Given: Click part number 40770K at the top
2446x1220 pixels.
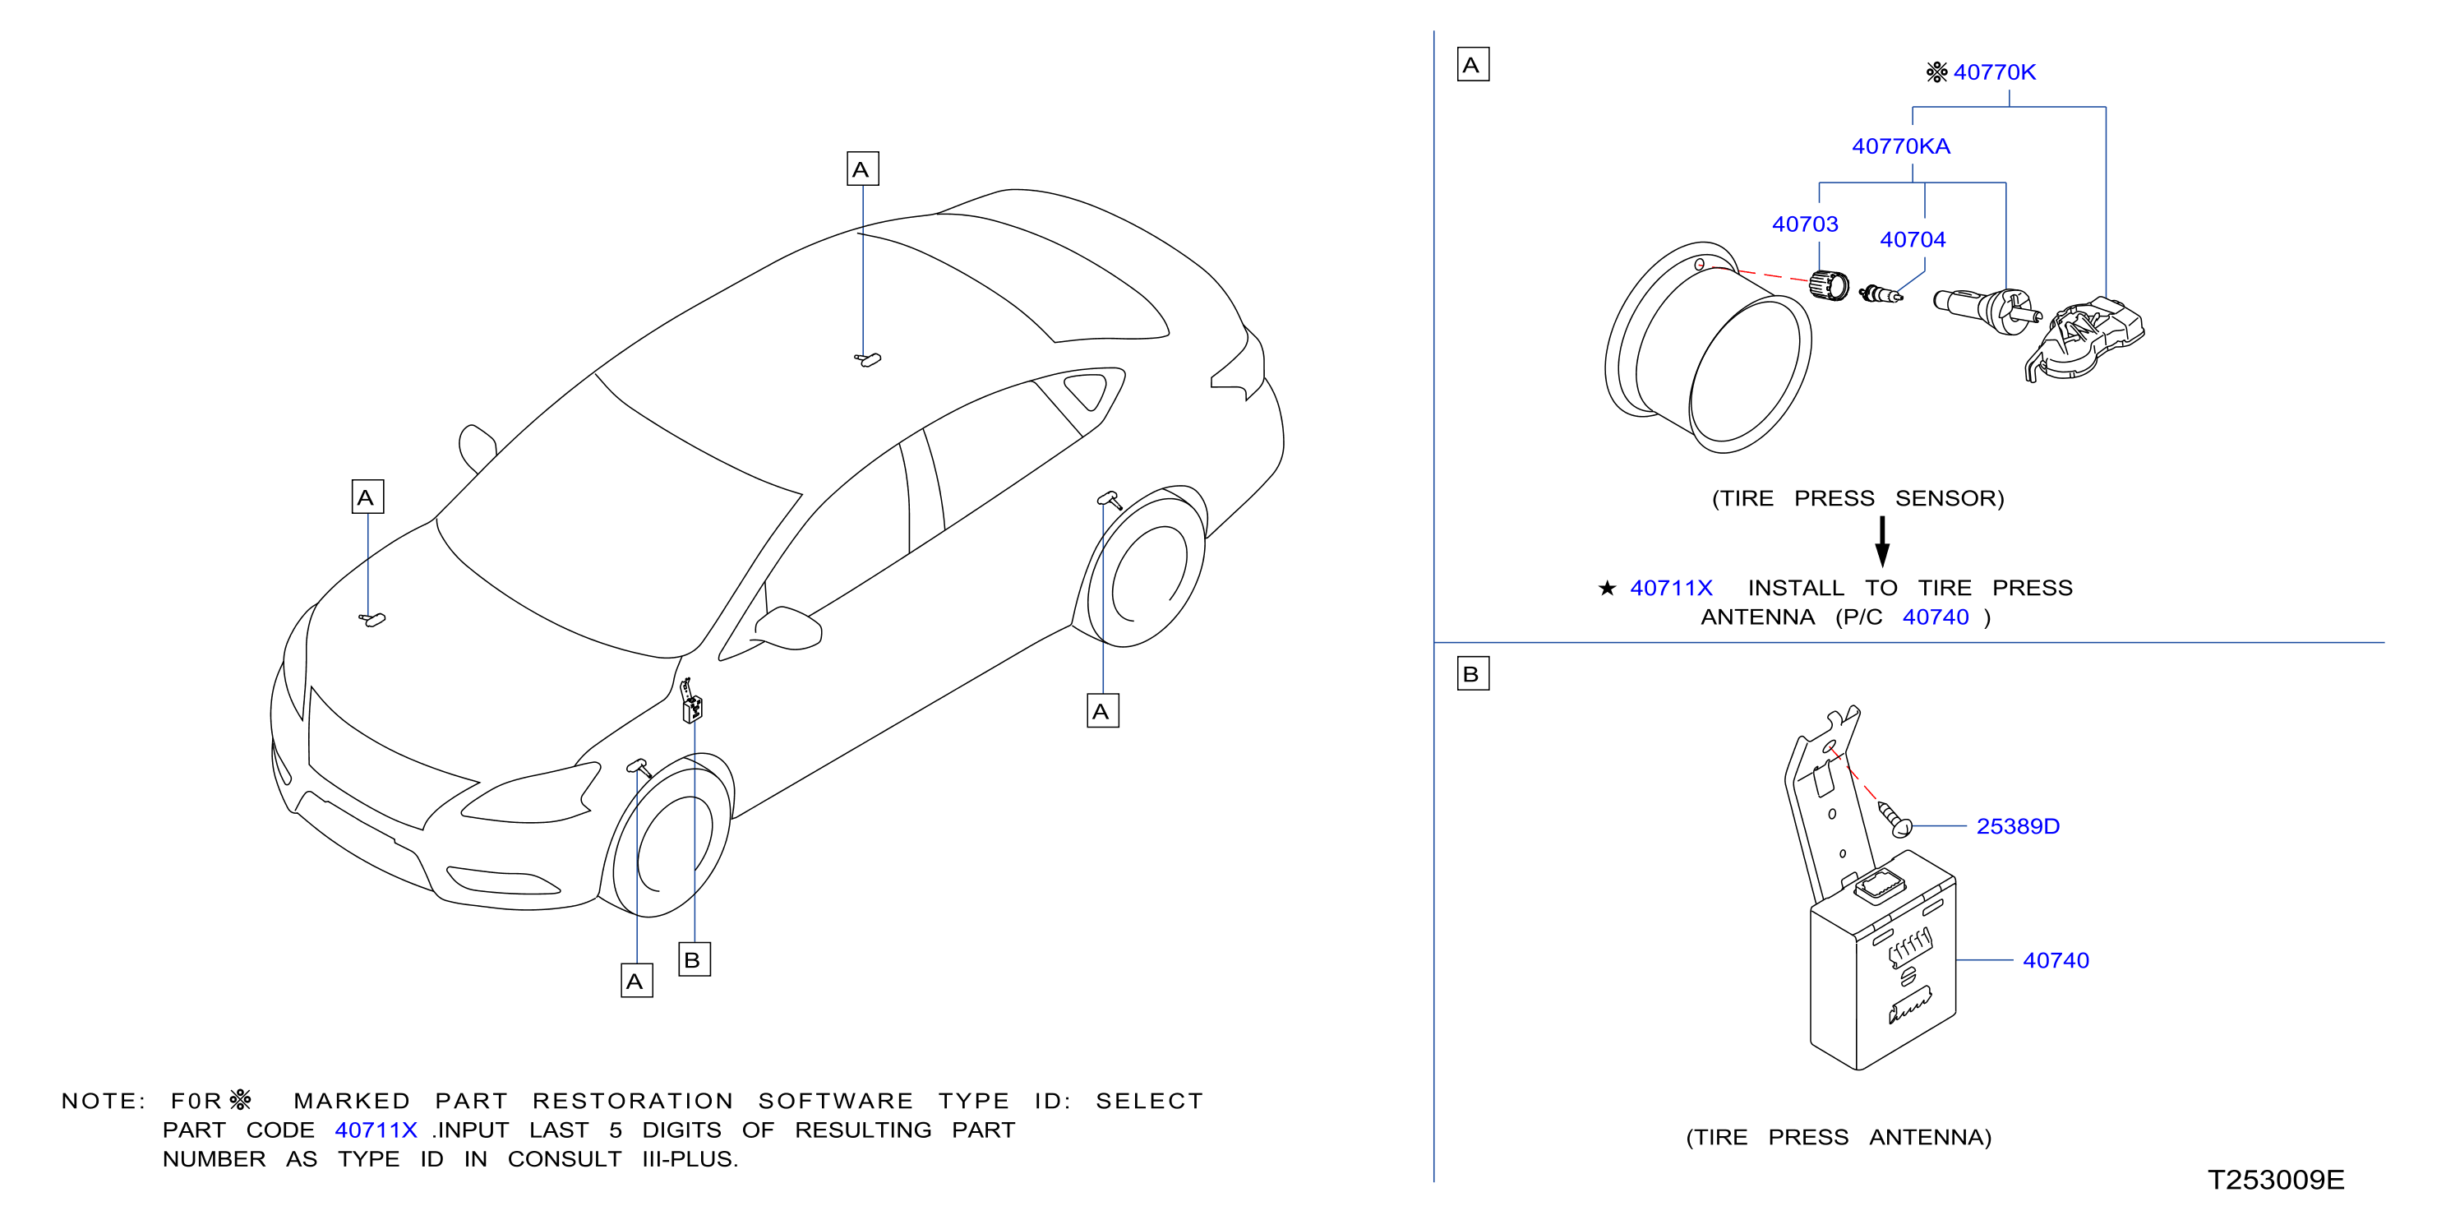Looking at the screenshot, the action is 1994,72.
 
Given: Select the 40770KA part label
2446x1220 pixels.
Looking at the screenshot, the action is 1900,146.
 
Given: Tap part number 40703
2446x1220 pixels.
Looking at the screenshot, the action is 1804,224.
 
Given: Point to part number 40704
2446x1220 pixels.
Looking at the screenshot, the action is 1913,239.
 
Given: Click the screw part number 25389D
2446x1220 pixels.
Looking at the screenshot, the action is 2018,826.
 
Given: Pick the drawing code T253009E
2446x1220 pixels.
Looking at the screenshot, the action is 2275,1179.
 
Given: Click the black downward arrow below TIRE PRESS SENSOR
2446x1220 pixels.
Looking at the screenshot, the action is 1882,541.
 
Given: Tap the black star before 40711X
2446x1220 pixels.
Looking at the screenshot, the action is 1607,588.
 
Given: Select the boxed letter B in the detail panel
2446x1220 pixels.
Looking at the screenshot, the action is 1473,673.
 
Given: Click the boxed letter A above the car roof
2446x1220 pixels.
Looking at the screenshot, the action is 862,169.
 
